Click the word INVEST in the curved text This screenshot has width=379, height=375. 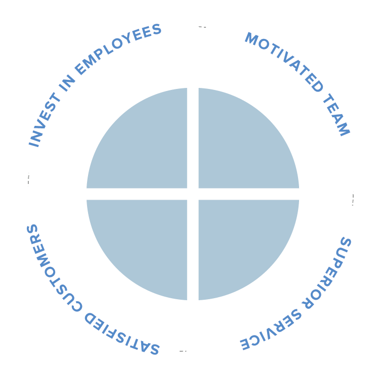click(x=45, y=120)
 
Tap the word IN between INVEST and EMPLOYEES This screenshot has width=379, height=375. click(x=67, y=82)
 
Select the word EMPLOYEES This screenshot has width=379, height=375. click(x=117, y=49)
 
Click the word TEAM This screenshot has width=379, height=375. click(x=336, y=114)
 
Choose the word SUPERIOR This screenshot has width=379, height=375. click(x=327, y=273)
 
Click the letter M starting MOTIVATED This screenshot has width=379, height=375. click(x=251, y=38)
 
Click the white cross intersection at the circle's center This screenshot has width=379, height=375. click(x=193, y=194)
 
